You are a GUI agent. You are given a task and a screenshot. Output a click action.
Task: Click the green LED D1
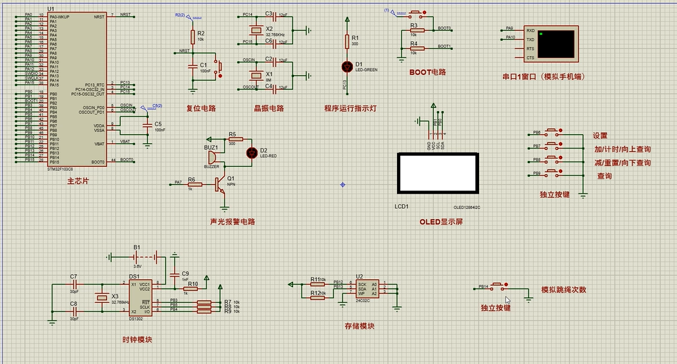(347, 66)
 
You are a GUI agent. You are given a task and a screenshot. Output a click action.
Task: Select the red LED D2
(250, 153)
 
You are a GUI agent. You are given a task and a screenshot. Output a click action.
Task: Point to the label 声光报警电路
(232, 222)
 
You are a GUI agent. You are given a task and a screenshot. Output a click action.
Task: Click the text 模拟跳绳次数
(563, 290)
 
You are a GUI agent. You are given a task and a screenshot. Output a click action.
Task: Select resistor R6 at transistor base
(195, 184)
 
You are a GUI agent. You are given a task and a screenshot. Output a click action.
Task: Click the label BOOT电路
(427, 72)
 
